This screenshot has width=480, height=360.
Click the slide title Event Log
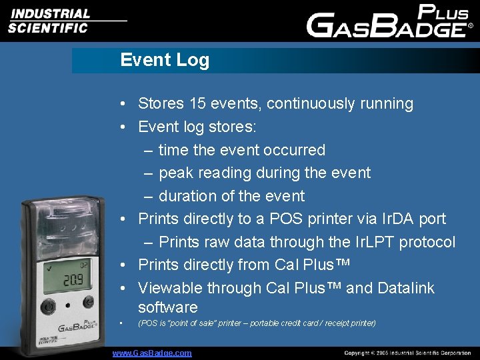[165, 60]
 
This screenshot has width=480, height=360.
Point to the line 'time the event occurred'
[241, 150]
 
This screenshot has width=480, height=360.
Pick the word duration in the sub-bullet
[189, 196]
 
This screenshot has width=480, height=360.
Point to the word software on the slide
[168, 307]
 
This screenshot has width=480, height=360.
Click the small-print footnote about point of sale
[257, 323]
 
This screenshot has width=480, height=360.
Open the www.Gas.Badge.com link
[152, 353]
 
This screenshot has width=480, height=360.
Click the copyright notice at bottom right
[407, 353]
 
